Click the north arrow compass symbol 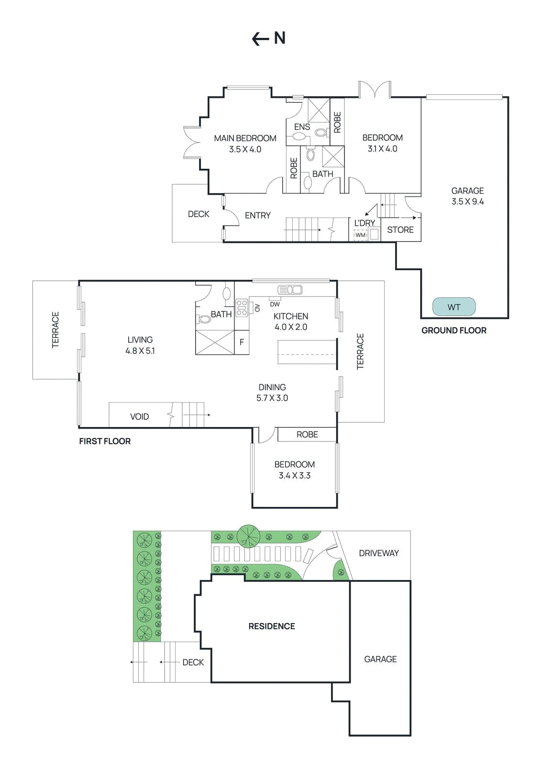[x=268, y=38]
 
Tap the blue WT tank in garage [x=453, y=307]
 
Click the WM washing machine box [x=360, y=235]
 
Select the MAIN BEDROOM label [x=245, y=138]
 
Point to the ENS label [x=302, y=127]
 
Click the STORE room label [x=400, y=230]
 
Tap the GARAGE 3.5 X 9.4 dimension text [x=467, y=202]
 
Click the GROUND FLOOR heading [x=453, y=330]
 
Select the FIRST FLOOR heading [x=105, y=441]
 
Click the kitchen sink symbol [x=290, y=290]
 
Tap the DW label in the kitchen [x=275, y=304]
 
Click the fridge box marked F [x=242, y=342]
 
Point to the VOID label [x=139, y=417]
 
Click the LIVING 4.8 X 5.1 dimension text [x=140, y=351]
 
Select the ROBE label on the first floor [x=307, y=435]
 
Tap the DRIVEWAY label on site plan [x=379, y=553]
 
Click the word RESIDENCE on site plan [x=271, y=626]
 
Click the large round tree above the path [x=248, y=536]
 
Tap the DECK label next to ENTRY [x=198, y=214]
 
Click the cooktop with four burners [x=242, y=308]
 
